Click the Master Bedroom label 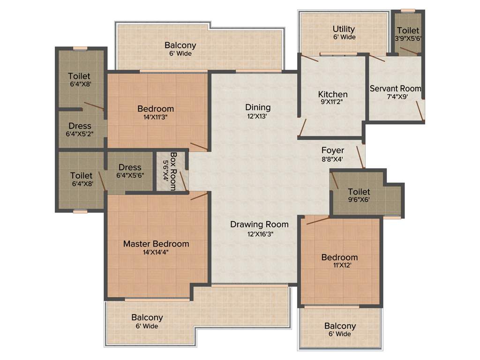click(x=156, y=244)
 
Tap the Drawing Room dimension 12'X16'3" click(x=259, y=234)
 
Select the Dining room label click(x=257, y=108)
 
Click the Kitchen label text click(x=333, y=94)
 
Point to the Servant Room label click(x=395, y=88)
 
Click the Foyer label click(x=332, y=150)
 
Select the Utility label click(x=344, y=29)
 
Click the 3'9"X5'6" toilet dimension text click(x=408, y=39)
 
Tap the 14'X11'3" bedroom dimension click(x=155, y=118)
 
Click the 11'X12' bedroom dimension click(x=339, y=266)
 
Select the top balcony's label click(x=180, y=45)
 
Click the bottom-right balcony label click(x=340, y=326)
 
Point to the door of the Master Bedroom click(x=199, y=196)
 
